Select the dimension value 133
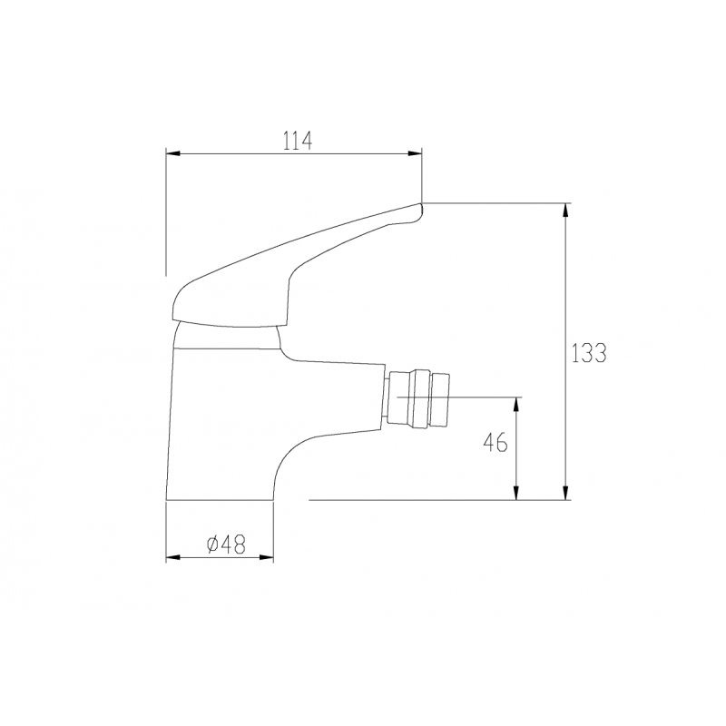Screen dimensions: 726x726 [x=589, y=353]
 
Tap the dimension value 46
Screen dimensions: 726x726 [x=494, y=443]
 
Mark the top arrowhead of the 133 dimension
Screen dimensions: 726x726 [x=566, y=210]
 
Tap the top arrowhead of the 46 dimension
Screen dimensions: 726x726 [x=517, y=403]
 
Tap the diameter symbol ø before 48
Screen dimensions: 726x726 [x=211, y=544]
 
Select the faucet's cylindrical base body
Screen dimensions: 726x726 [x=218, y=427]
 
